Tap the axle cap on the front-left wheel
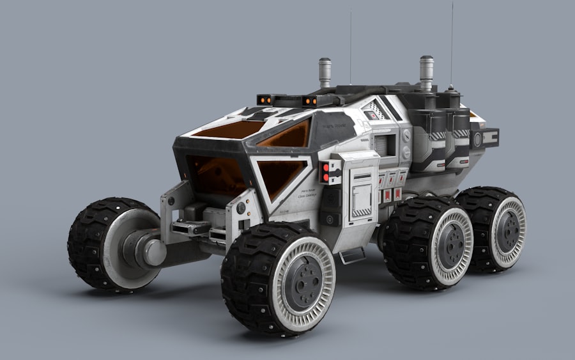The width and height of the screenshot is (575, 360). [x=153, y=251]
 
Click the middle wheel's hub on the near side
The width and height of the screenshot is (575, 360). [x=452, y=245]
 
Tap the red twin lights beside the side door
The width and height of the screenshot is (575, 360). [x=326, y=171]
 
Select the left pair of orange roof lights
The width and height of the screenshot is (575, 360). [x=267, y=100]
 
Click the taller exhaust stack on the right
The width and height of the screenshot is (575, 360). [x=426, y=72]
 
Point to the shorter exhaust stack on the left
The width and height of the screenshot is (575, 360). [x=325, y=72]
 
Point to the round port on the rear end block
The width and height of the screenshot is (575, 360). [x=477, y=140]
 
